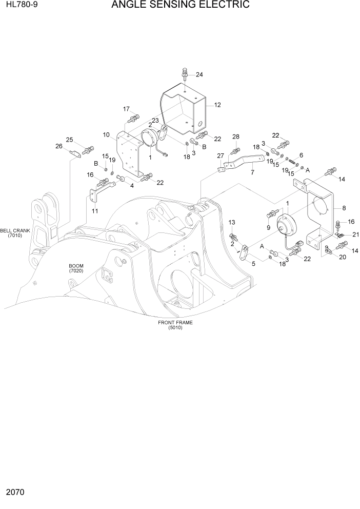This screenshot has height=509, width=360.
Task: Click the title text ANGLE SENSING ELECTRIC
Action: click(x=180, y=6)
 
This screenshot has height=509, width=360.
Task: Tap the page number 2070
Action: click(x=15, y=493)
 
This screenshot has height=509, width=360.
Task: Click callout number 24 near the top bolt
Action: click(x=199, y=74)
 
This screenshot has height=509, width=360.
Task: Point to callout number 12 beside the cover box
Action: click(x=217, y=105)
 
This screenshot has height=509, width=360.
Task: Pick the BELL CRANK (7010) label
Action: click(x=15, y=233)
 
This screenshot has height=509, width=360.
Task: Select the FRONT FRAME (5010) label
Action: click(x=175, y=325)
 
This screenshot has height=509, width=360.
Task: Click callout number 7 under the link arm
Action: click(x=252, y=173)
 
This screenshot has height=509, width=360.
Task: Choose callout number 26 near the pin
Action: click(x=58, y=146)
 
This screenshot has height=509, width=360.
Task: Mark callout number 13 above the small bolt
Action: click(x=232, y=222)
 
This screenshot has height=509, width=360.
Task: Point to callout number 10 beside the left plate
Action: click(x=106, y=135)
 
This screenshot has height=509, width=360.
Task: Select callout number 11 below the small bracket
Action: click(x=95, y=212)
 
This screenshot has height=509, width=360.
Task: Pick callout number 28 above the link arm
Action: click(x=236, y=136)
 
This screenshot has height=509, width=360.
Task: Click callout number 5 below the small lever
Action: click(x=254, y=264)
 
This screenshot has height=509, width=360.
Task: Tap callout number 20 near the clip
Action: click(x=342, y=257)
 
